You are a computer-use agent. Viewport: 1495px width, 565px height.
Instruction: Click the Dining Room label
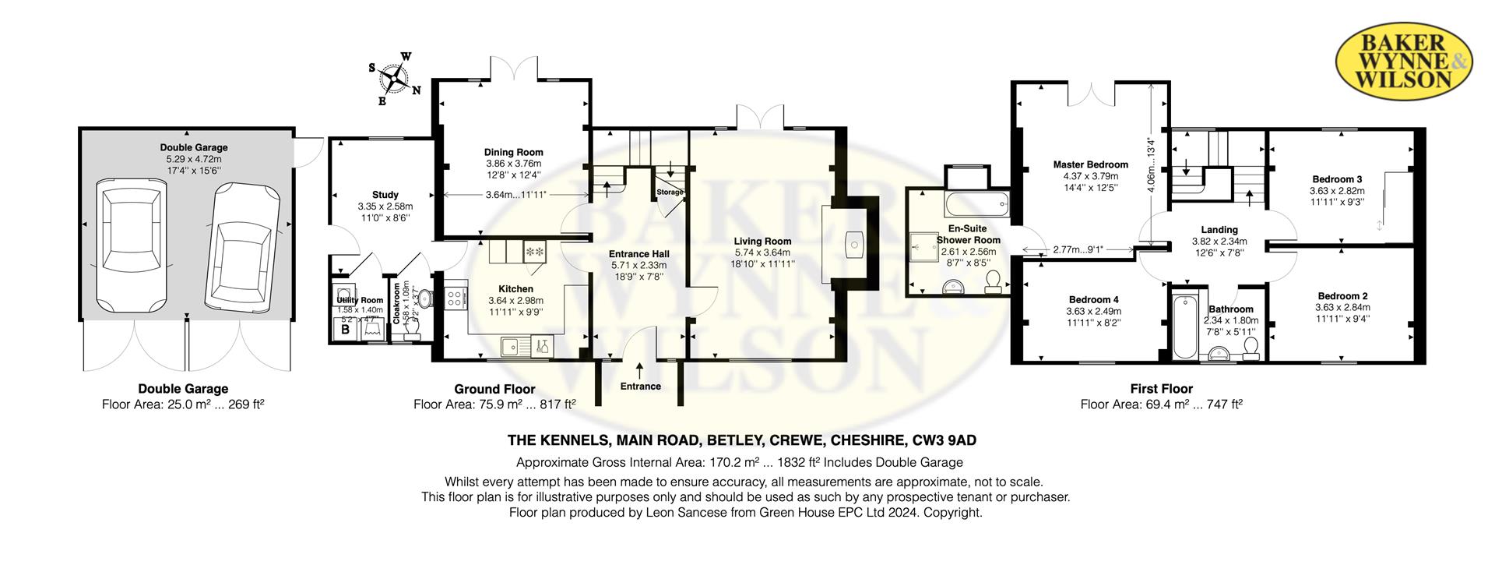click(x=513, y=153)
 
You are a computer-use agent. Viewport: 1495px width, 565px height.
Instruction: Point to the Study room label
click(x=385, y=195)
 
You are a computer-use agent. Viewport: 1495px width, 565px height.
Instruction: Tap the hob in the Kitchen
click(x=455, y=296)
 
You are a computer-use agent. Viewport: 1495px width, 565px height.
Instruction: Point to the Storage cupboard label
click(x=669, y=192)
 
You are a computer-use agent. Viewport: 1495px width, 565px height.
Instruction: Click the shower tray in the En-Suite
click(x=927, y=248)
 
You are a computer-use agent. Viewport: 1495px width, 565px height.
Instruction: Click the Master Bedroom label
click(x=1090, y=164)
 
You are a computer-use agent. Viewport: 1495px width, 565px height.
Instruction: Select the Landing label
click(x=1219, y=230)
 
